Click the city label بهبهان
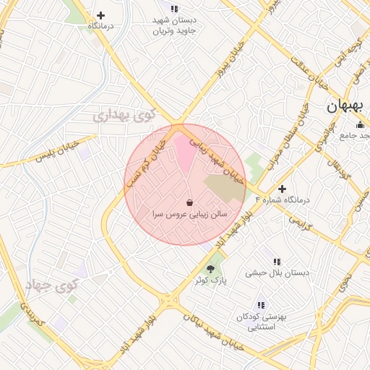[x=346, y=106]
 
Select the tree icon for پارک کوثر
[x=211, y=269]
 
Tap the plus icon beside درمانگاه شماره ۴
[x=282, y=189]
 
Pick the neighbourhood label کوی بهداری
[x=125, y=114]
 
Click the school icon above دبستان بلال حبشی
[x=277, y=262]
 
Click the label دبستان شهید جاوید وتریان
[x=174, y=25]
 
